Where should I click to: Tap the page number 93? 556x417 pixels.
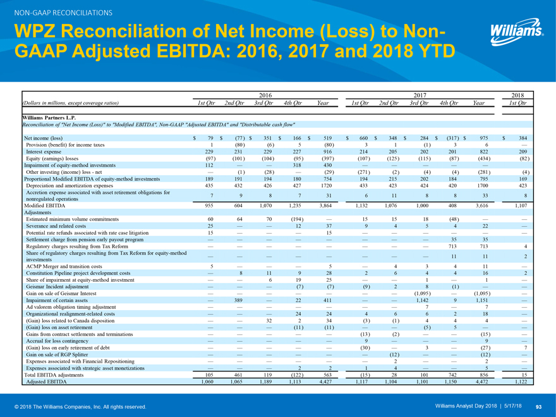pyautogui.click(x=539, y=406)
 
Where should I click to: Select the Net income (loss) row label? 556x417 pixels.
pyautogui.click(x=42, y=138)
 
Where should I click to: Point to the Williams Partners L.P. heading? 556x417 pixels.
pyautogui.click(x=50, y=118)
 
